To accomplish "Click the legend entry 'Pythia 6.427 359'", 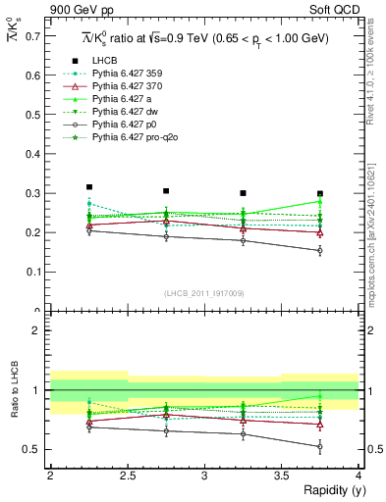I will (x=128, y=75).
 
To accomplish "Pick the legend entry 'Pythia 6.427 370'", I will (x=128, y=87).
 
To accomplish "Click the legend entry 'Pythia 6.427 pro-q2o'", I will (x=136, y=138).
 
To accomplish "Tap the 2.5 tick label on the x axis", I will (x=127, y=476).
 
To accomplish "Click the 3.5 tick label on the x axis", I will (x=281, y=476).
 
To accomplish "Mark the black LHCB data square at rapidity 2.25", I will (x=89, y=186).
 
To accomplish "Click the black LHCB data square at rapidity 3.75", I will (x=320, y=194).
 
